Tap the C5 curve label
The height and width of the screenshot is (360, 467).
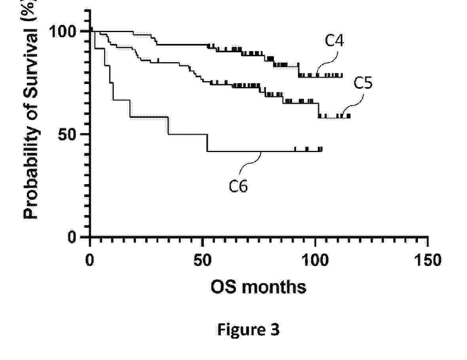(x=363, y=84)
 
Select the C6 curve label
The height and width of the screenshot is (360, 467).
(x=238, y=186)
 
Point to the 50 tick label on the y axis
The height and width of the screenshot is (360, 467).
(x=71, y=134)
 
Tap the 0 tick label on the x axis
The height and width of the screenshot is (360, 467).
(x=90, y=261)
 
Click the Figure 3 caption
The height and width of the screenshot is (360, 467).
(x=248, y=330)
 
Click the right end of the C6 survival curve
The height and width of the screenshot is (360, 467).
(x=322, y=149)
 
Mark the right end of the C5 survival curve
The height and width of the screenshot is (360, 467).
(x=350, y=116)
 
